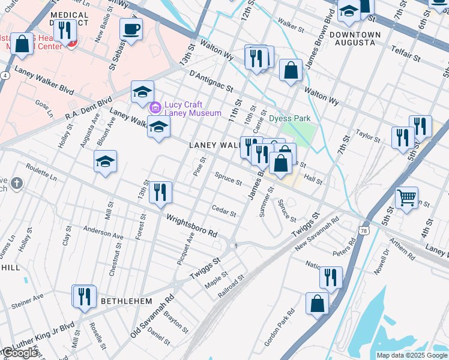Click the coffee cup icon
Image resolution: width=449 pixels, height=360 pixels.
(131, 29)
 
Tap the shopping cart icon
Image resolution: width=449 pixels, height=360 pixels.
(407, 197)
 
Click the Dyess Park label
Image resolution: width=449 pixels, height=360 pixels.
(290, 119)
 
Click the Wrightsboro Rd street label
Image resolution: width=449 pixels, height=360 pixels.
(191, 227)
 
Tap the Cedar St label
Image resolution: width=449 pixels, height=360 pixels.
(224, 210)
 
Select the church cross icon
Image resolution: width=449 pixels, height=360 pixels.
(16, 184)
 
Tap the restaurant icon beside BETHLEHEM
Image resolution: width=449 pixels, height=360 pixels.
(84, 296)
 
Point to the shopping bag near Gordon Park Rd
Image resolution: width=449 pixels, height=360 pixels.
(318, 304)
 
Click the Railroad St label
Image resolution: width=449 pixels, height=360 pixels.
(232, 285)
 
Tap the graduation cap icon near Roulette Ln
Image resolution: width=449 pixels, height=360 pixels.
(105, 161)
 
